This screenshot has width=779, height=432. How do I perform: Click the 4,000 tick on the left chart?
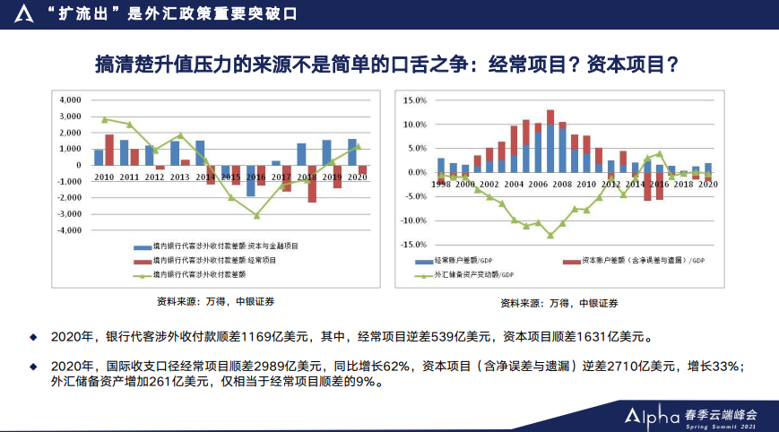click(x=70, y=100)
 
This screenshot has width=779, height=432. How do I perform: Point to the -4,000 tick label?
click(x=68, y=230)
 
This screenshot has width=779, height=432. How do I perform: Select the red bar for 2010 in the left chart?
click(x=109, y=150)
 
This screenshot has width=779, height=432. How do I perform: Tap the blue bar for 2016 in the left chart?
click(x=251, y=181)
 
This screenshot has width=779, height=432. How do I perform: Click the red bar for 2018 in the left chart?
click(x=312, y=184)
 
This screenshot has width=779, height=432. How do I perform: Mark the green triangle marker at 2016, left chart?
click(x=256, y=215)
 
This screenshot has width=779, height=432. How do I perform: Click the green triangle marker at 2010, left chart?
click(x=104, y=119)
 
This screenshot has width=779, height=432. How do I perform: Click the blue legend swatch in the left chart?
click(x=142, y=246)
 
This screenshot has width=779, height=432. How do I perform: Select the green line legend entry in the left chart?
click(x=142, y=275)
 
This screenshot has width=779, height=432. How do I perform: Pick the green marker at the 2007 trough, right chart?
click(x=550, y=236)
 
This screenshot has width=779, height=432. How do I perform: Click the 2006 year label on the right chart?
click(x=538, y=184)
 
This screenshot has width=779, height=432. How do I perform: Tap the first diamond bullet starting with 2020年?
click(x=35, y=338)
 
